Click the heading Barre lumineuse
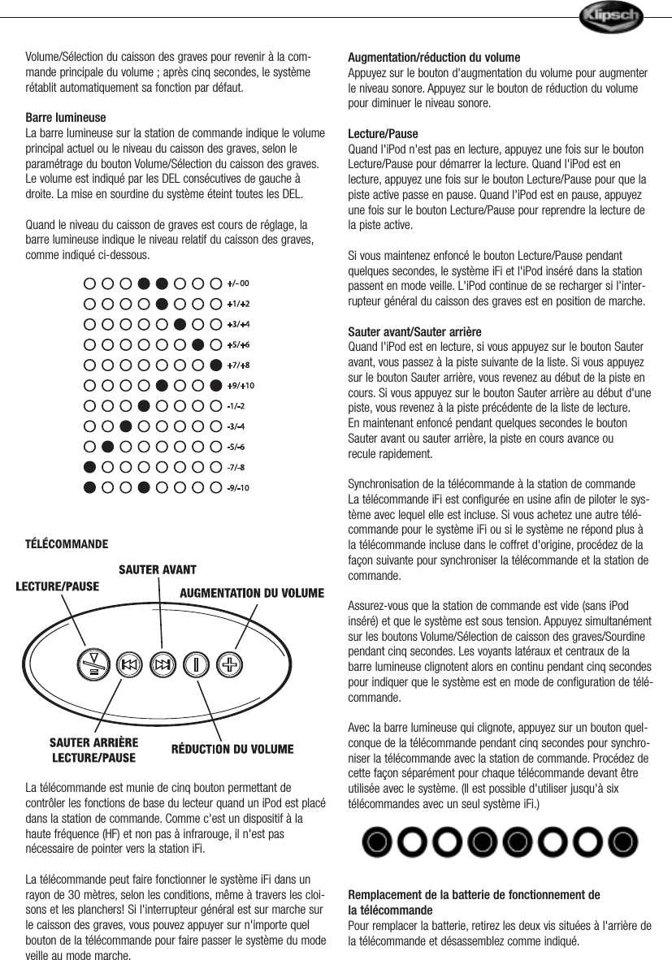65,118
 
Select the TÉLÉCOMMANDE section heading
67,543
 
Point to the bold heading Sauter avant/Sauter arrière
414,333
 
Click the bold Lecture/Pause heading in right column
383,134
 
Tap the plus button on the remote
230,664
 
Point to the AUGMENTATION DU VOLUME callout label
251,592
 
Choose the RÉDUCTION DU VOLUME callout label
232,749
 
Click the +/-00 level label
237,283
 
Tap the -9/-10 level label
237,487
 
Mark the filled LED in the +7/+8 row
215,365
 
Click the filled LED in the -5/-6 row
107,446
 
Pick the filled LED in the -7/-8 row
89,467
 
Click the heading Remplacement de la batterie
474,895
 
